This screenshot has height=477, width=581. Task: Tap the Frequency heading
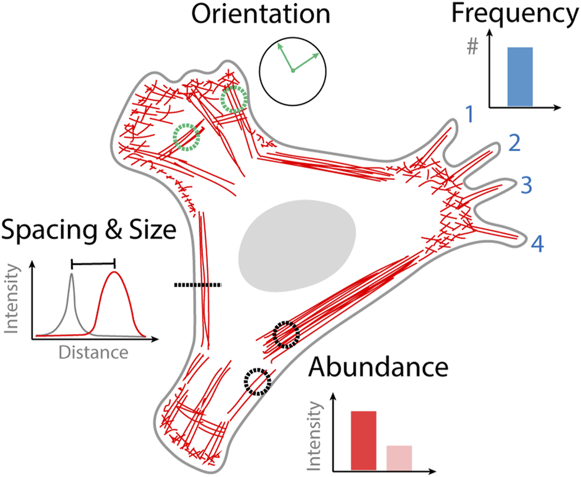point(522,14)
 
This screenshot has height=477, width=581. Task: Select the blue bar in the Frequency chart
point(520,76)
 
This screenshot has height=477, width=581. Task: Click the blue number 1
point(469,115)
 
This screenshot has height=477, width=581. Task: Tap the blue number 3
point(527,185)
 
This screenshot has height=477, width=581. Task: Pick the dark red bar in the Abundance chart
point(363,440)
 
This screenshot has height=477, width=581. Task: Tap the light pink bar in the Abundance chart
point(399,457)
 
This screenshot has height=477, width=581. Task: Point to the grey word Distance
point(93,352)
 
